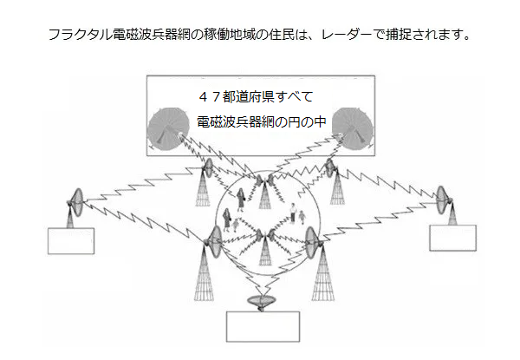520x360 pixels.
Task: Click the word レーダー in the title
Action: [x=346, y=34]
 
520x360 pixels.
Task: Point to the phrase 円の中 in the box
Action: [x=307, y=122]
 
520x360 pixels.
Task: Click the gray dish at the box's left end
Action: [x=166, y=128]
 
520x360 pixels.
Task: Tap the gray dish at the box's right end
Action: [x=353, y=128]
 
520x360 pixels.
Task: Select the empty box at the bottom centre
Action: [x=263, y=326]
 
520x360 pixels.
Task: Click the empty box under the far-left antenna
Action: [x=71, y=241]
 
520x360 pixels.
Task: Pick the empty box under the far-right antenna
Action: [x=452, y=238]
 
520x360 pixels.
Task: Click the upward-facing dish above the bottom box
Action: [x=262, y=302]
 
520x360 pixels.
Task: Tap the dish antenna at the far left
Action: [x=76, y=202]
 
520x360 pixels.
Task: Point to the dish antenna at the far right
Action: [x=443, y=200]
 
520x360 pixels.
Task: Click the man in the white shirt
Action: [x=293, y=213]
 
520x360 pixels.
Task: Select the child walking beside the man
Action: [x=302, y=217]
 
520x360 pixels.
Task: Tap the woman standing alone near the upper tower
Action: [x=240, y=200]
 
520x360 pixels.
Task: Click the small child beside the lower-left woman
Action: [x=236, y=225]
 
